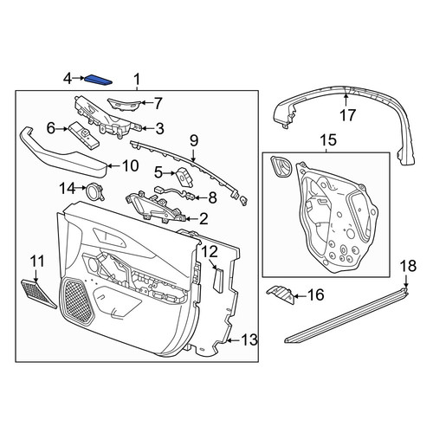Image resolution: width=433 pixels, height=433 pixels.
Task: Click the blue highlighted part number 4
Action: point(98,80)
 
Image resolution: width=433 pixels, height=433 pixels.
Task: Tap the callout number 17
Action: point(347,115)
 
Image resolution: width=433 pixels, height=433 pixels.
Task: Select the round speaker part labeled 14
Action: point(95,191)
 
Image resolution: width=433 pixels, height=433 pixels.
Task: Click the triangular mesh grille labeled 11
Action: point(39,294)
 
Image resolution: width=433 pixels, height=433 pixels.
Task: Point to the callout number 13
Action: point(249,340)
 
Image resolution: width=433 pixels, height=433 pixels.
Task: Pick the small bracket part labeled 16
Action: point(281,295)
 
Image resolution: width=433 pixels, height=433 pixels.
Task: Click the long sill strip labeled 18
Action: point(346,314)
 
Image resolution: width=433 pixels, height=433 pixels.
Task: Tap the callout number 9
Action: point(194,141)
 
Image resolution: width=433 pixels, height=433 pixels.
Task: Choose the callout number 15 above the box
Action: point(328,140)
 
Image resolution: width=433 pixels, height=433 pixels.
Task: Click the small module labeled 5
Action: point(184,176)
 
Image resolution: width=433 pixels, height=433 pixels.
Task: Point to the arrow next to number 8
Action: point(200,197)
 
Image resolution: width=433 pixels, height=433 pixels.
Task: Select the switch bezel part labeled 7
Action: point(124,103)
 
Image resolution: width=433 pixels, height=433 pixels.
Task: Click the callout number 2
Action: point(204,219)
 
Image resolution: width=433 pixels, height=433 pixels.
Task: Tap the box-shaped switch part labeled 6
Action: point(84,135)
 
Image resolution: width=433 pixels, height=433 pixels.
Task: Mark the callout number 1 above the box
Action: point(137,79)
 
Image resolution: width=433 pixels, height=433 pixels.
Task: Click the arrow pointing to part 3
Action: point(146,129)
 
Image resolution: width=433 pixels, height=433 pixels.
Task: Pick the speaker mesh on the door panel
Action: point(77,301)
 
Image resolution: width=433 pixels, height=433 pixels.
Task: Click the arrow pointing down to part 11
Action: point(36,275)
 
